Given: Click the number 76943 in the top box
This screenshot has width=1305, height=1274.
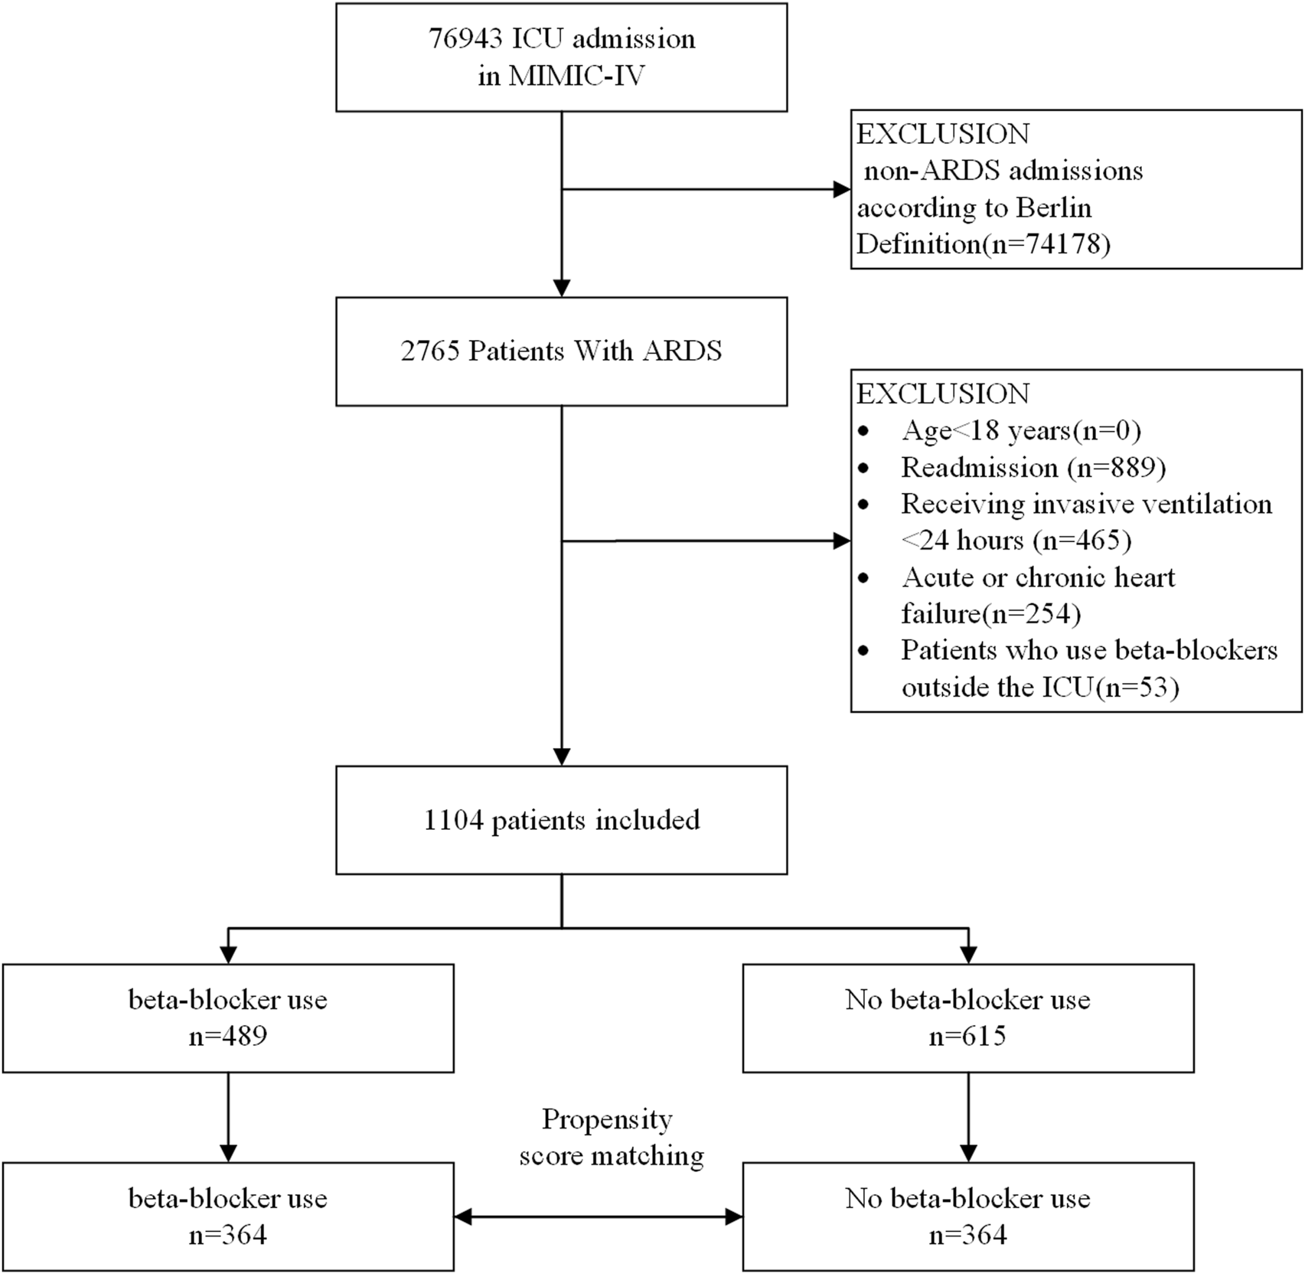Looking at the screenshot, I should pyautogui.click(x=465, y=38).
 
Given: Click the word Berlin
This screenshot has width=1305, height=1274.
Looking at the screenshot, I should pyautogui.click(x=1053, y=207).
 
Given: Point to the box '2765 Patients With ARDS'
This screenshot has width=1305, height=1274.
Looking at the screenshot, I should pyautogui.click(x=561, y=351).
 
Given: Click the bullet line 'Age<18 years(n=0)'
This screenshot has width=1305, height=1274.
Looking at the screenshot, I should pyautogui.click(x=1020, y=431).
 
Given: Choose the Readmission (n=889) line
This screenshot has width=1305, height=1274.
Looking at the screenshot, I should pyautogui.click(x=1033, y=468).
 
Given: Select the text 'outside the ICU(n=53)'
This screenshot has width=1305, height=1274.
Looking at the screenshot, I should pyautogui.click(x=1039, y=688).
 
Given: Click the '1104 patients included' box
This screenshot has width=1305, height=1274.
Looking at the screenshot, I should pyautogui.click(x=561, y=820).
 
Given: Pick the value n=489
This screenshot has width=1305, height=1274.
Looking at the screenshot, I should pyautogui.click(x=228, y=1037).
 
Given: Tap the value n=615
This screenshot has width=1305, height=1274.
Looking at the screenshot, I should pyautogui.click(x=967, y=1037).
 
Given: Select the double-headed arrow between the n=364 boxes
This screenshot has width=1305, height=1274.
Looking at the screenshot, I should pyautogui.click(x=598, y=1217).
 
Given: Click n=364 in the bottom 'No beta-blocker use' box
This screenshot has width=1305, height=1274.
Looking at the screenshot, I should pyautogui.click(x=967, y=1235).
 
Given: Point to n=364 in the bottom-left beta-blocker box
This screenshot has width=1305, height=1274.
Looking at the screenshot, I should pyautogui.click(x=228, y=1235).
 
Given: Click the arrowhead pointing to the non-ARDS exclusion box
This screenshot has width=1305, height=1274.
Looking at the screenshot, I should pyautogui.click(x=841, y=190).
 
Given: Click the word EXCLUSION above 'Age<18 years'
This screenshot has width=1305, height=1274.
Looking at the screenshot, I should pyautogui.click(x=942, y=394).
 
